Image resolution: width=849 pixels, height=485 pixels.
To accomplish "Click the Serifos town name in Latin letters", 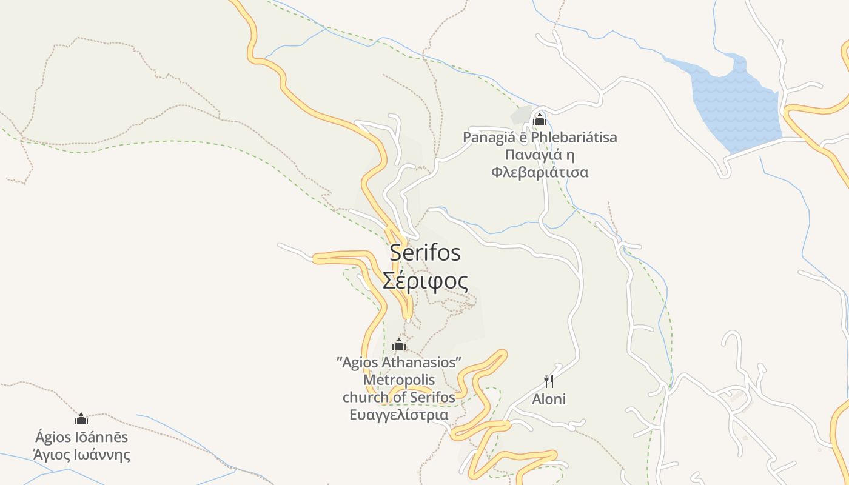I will (425, 253).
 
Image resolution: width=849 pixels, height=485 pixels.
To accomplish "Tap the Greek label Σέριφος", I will (425, 281).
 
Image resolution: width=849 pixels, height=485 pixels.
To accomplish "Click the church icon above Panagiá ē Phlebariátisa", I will (539, 119).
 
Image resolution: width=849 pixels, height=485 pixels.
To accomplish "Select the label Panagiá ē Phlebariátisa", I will (540, 138).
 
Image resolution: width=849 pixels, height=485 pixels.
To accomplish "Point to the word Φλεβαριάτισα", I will (540, 172).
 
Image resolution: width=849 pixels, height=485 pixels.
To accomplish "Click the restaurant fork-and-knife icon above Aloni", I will (548, 381).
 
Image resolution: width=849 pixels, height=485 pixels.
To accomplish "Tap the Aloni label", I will (549, 399).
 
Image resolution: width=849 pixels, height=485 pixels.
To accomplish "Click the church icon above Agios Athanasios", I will (399, 346).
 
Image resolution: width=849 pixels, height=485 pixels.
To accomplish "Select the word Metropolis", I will (399, 380).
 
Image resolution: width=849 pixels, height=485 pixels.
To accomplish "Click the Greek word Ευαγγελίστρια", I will (399, 415).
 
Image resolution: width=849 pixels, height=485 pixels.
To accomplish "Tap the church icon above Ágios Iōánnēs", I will (81, 419).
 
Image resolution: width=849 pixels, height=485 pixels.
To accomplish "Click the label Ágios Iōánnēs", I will (82, 436).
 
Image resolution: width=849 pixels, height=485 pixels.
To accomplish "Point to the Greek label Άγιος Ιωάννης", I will (82, 454).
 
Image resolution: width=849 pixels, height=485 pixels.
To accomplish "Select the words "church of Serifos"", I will (399, 397).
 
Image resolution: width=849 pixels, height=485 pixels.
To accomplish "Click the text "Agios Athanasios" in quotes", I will (399, 363).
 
